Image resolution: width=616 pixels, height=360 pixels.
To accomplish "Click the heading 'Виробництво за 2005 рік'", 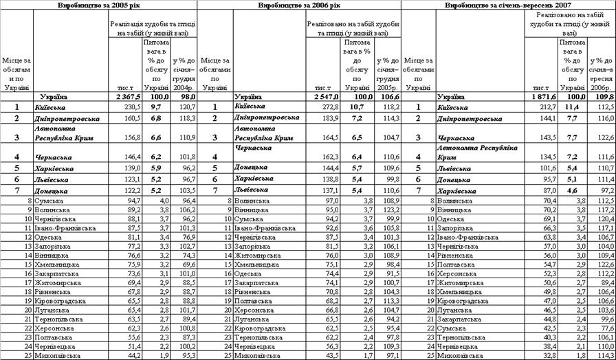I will [98, 5].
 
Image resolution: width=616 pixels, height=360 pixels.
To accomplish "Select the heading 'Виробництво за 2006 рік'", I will [298, 5].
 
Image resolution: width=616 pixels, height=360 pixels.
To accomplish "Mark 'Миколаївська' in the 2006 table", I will [256, 355].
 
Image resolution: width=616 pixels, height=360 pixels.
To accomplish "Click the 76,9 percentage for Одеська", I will [184, 236].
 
